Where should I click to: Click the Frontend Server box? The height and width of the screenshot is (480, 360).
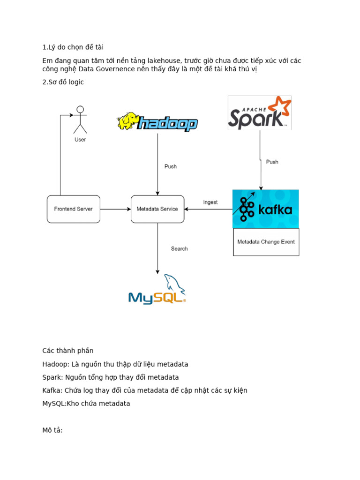click(x=74, y=209)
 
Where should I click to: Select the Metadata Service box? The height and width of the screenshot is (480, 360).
click(x=157, y=209)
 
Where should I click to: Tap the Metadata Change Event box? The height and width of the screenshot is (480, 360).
click(x=266, y=242)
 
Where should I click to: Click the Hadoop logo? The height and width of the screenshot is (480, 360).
click(x=157, y=122)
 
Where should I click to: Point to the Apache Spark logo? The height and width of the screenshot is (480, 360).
click(x=259, y=112)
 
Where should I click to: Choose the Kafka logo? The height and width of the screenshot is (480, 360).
click(x=266, y=209)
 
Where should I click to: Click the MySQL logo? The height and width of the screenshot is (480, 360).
click(x=157, y=291)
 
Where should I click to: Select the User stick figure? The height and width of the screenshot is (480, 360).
click(x=80, y=120)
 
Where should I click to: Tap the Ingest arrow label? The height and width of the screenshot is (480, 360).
click(x=210, y=202)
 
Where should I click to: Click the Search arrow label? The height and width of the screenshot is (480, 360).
click(x=179, y=249)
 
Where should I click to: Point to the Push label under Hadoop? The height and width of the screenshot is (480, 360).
click(x=171, y=166)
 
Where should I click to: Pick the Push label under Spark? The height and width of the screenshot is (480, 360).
click(x=272, y=162)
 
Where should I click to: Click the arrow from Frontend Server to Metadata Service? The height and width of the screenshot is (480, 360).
click(x=115, y=209)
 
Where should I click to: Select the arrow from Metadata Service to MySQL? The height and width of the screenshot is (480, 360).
click(x=157, y=248)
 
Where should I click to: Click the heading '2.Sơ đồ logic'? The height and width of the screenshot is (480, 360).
click(x=63, y=82)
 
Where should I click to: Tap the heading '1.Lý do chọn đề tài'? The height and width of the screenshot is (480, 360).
click(x=73, y=47)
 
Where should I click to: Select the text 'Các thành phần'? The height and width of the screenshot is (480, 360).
click(x=68, y=351)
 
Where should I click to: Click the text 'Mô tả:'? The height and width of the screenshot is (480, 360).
click(x=52, y=429)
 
